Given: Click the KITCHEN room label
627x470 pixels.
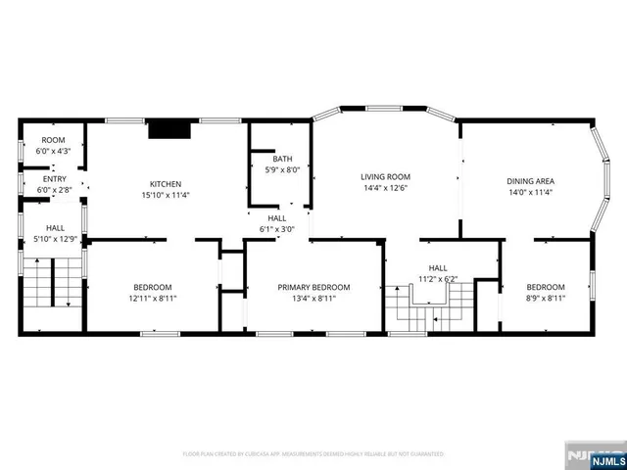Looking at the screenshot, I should pyautogui.click(x=165, y=184).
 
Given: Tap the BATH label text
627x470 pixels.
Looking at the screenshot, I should pyautogui.click(x=282, y=159).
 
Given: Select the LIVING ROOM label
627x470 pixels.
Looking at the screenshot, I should pyautogui.click(x=384, y=176).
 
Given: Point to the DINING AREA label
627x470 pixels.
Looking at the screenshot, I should pyautogui.click(x=530, y=181).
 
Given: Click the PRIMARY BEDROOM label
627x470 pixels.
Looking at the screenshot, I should pyautogui.click(x=313, y=287).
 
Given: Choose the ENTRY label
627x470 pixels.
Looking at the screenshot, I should pyautogui.click(x=54, y=178).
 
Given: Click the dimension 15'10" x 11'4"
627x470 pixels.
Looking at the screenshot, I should pyautogui.click(x=165, y=195).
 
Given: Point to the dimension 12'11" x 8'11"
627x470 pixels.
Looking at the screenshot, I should pyautogui.click(x=152, y=298).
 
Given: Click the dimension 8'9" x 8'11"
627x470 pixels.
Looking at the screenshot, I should pyautogui.click(x=546, y=298).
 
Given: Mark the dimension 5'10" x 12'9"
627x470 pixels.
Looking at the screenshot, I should pyautogui.click(x=54, y=238).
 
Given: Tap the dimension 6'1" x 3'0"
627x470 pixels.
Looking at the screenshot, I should pyautogui.click(x=277, y=229).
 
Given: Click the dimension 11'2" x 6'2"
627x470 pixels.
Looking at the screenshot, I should pyautogui.click(x=437, y=278).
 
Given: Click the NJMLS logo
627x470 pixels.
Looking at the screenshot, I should pyautogui.click(x=591, y=455).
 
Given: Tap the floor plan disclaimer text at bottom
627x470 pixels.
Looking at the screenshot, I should pyautogui.click(x=313, y=454).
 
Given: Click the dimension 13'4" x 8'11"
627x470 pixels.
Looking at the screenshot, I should pyautogui.click(x=313, y=298).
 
